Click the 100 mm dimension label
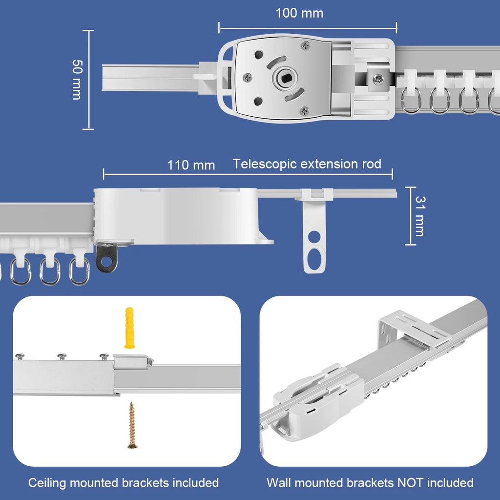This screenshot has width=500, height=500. point(299,13)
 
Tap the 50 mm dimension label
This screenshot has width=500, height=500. point(77,80)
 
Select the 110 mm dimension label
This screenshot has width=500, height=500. point(191,165)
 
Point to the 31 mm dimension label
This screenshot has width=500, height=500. point(420,216)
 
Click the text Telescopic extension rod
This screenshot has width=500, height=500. point(307,164)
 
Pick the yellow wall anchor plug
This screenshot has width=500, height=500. point(129,328)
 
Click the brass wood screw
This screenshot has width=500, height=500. point(132,425)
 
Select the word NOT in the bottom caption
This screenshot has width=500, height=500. point(411,483)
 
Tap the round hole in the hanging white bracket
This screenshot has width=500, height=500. point(314,237)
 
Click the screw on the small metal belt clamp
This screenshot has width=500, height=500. point(378,79)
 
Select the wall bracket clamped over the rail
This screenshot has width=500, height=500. point(415,332)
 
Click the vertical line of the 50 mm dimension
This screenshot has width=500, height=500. point(88,80)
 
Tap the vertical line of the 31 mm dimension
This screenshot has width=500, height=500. point(411,216)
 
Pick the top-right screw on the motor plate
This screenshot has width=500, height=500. point(306,45)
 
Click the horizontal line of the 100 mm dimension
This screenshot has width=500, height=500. point(308,28)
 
